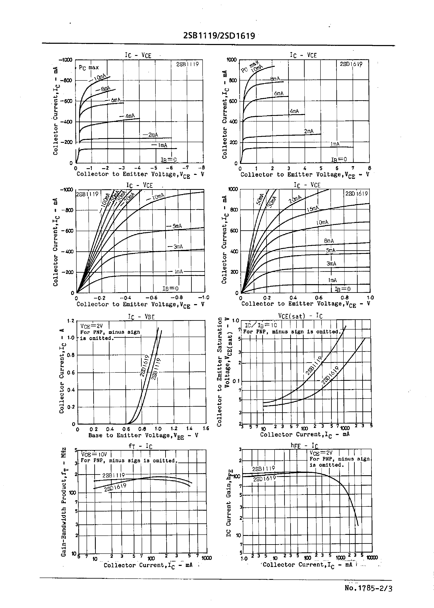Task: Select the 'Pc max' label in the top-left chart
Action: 89,68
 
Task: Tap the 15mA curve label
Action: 313,209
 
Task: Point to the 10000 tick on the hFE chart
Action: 372,558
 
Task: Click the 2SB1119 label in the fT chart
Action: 113,475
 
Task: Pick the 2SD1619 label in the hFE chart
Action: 264,479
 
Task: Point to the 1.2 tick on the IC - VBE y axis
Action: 71,321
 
